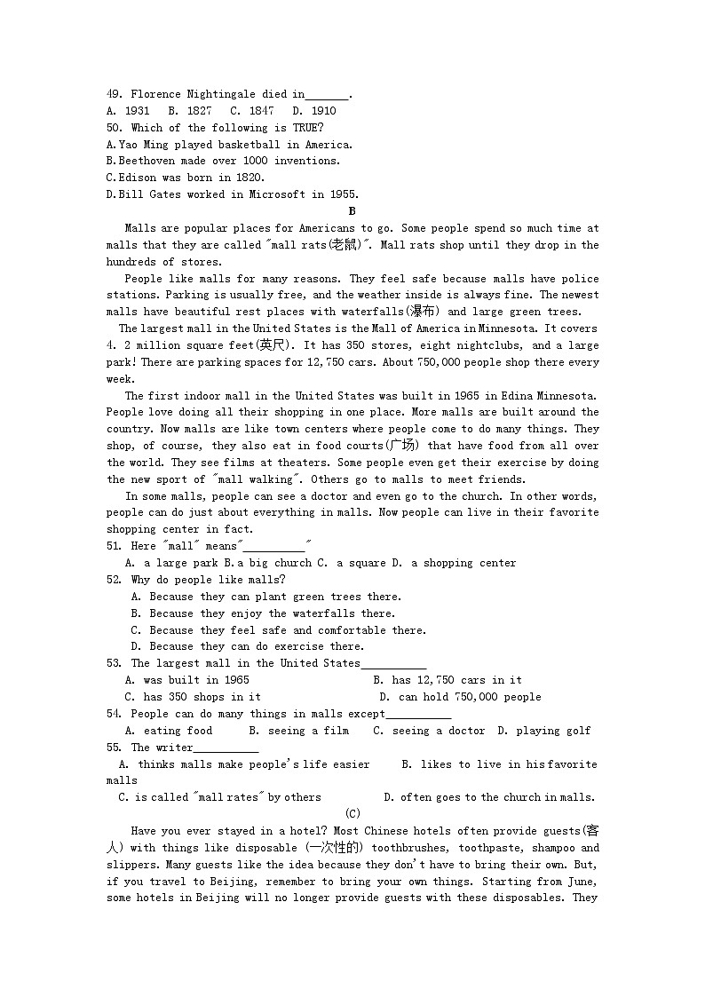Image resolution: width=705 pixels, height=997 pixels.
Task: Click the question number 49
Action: point(113,94)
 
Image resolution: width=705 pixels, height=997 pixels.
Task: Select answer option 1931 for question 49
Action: point(136,111)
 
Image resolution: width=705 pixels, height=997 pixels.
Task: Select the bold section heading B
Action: point(352,211)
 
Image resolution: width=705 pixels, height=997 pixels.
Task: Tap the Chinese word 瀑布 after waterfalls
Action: point(423,312)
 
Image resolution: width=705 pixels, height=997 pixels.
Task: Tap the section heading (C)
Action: point(352,814)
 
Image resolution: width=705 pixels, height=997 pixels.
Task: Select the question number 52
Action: point(113,580)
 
